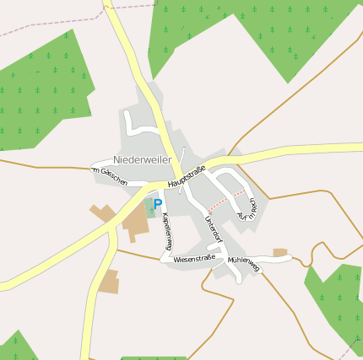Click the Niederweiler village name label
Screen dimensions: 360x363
pyautogui.click(x=142, y=159)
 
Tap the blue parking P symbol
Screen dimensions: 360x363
pyautogui.click(x=157, y=204)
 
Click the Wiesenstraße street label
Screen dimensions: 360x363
pyautogui.click(x=194, y=259)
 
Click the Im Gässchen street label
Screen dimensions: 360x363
pyautogui.click(x=110, y=176)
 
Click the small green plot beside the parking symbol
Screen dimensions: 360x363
pyautogui.click(x=149, y=207)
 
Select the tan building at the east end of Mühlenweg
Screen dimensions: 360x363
pyautogui.click(x=280, y=252)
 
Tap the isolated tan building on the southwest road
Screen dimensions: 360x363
pyautogui.click(x=108, y=282)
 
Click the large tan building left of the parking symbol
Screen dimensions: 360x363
pyautogui.click(x=135, y=218)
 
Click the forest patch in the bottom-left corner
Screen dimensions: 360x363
pyautogui.click(x=15, y=348)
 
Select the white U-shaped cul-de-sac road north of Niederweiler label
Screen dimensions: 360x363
pyautogui.click(x=142, y=127)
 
